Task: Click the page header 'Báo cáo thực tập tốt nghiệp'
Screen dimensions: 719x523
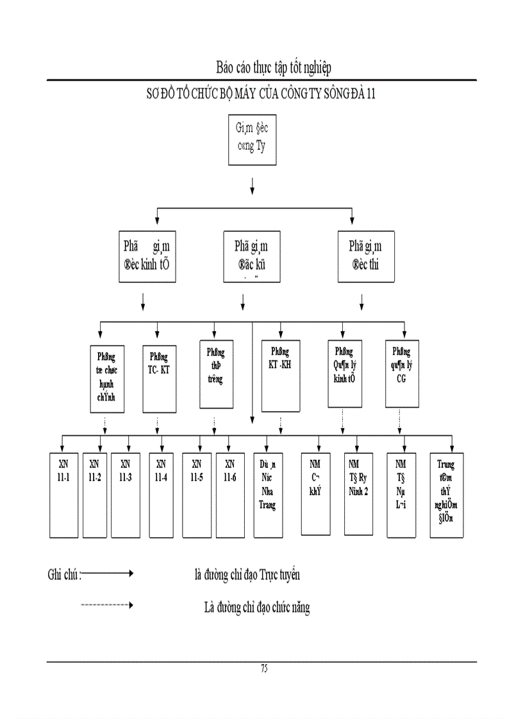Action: (274, 67)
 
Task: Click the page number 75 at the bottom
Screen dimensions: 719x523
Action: (264, 668)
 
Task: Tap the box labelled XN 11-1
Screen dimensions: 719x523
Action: (62, 494)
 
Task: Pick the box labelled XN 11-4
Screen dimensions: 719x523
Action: (161, 494)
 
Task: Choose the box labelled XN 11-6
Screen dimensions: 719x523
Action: (229, 494)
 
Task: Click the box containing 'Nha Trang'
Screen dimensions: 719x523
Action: (268, 494)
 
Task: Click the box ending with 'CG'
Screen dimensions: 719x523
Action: (403, 375)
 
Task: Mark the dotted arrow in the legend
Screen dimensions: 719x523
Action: (107, 604)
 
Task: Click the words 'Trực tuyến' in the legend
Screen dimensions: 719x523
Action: (279, 574)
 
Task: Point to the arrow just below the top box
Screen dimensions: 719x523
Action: (252, 185)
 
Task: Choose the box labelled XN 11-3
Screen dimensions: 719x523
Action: (125, 494)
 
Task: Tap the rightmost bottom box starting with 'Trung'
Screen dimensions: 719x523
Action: (446, 494)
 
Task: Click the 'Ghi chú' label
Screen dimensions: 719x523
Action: (63, 574)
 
